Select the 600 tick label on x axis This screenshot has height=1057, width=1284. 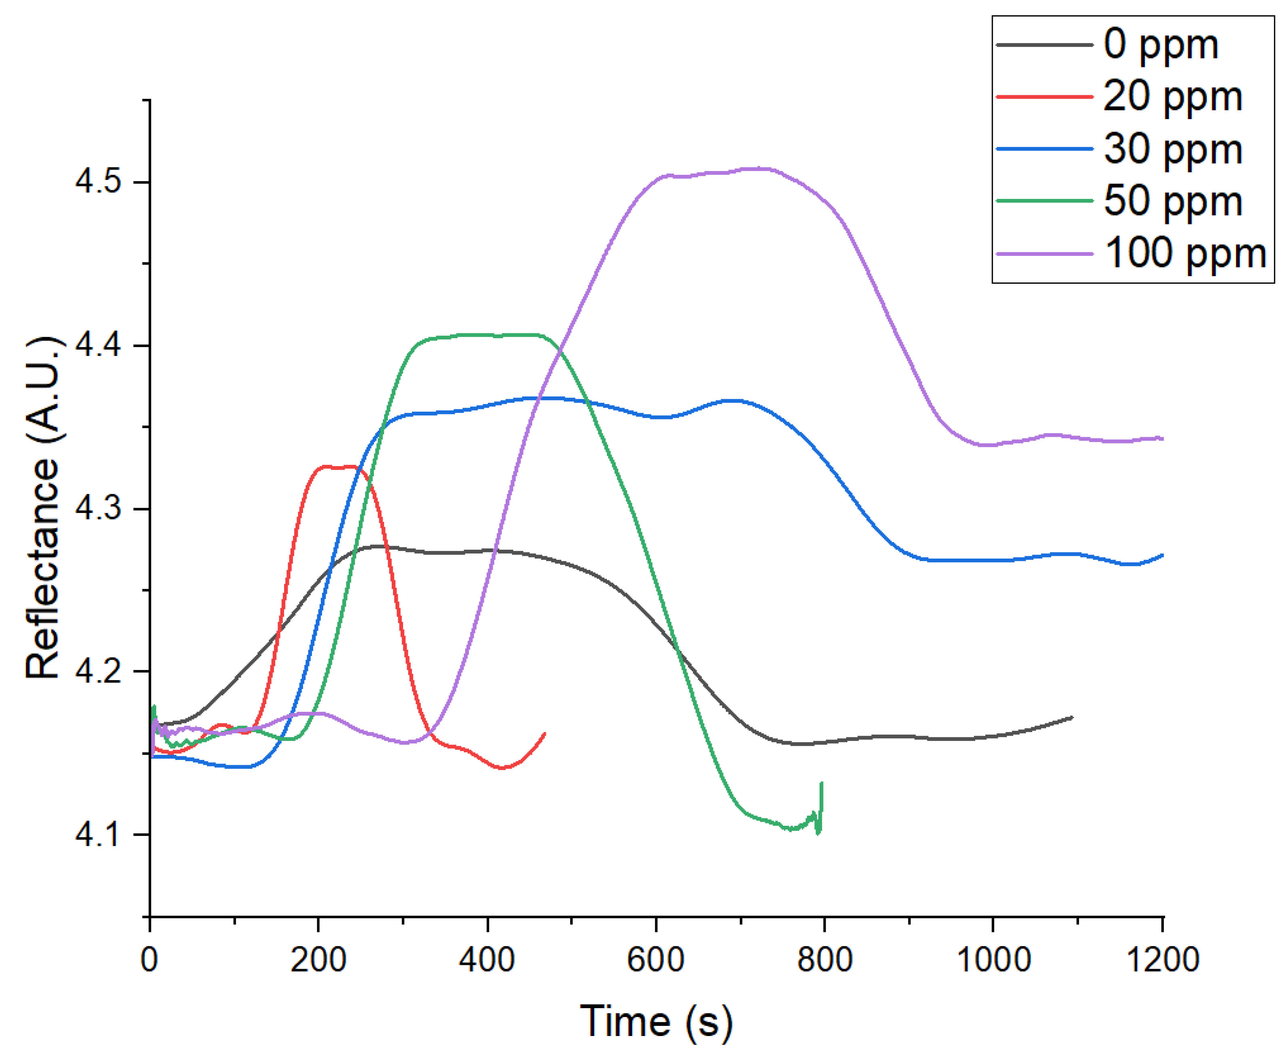coord(656,960)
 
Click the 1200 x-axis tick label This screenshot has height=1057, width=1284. coord(1162,960)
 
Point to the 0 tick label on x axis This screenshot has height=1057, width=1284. coord(149,960)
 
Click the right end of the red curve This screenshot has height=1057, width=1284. coord(544,733)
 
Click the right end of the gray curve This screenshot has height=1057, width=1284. coord(1071,717)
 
